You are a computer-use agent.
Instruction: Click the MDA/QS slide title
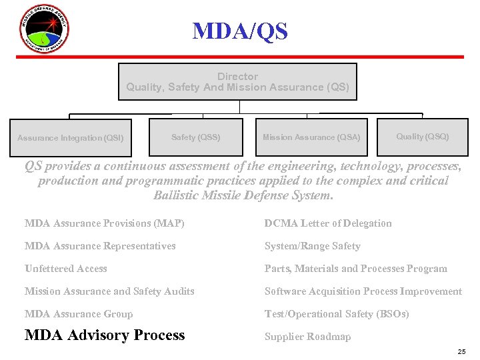(x=240, y=31)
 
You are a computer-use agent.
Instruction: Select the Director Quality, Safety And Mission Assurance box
(x=237, y=82)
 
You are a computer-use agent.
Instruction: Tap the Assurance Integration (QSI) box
(x=70, y=138)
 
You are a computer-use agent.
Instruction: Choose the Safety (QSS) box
(x=195, y=137)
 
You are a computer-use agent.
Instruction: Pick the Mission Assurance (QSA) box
(x=311, y=137)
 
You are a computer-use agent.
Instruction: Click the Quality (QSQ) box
(x=423, y=137)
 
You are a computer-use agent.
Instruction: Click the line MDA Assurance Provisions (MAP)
(x=105, y=223)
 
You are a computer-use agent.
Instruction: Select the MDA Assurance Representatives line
(x=100, y=246)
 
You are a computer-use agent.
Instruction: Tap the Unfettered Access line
(x=66, y=269)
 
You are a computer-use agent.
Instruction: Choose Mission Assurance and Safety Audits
(x=109, y=291)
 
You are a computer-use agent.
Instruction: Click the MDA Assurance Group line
(x=79, y=314)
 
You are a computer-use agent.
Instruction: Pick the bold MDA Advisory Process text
(x=105, y=335)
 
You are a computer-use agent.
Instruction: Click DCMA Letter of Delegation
(x=328, y=223)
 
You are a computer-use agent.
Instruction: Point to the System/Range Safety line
(x=312, y=246)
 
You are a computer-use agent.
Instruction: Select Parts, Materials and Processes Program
(x=356, y=269)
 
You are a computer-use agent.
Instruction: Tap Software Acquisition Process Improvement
(x=363, y=291)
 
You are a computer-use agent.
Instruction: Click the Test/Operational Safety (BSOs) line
(x=337, y=314)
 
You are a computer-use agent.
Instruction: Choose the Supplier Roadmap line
(x=307, y=337)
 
